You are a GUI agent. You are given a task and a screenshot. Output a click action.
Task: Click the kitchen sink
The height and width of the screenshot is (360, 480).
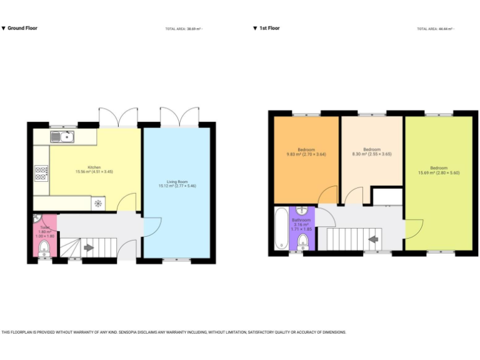pos(63,136)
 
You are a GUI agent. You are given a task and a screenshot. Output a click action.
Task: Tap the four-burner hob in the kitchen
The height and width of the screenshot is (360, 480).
pos(42,172)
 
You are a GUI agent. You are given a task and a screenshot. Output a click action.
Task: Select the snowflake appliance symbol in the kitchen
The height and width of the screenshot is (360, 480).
pos(98,203)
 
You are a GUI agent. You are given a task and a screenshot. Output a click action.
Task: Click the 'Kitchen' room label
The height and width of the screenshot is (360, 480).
pos(94,167)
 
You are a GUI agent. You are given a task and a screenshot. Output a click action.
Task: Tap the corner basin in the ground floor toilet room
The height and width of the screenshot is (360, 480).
pos(37,219)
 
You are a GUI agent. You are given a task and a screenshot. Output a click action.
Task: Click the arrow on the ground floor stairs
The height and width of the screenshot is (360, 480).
pos(88,247)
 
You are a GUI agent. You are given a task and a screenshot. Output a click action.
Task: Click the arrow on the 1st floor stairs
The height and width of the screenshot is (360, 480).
pos(374,238)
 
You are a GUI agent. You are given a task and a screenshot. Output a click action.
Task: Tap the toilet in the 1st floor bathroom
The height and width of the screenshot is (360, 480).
pos(302,241)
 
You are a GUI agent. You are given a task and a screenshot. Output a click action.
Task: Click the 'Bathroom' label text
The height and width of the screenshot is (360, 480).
pos(301,220)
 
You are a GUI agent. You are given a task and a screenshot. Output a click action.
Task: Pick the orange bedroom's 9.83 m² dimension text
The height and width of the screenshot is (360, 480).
pos(306,154)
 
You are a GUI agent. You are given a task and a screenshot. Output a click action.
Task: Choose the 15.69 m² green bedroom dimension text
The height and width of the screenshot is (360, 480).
pos(438,172)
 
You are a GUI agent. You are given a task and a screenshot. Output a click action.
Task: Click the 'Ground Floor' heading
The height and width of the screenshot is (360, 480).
pos(22,28)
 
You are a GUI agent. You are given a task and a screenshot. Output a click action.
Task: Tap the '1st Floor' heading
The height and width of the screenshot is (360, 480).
pos(269,28)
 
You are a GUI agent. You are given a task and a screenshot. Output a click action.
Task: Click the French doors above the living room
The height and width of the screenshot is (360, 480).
pos(177,117)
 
